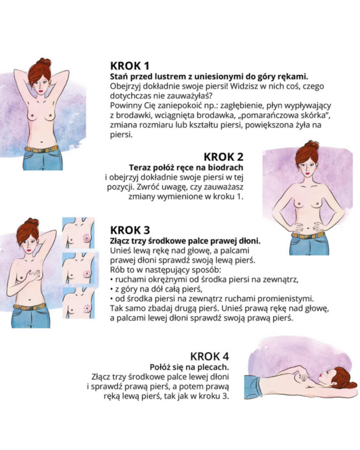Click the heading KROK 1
130,66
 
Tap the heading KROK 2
223,157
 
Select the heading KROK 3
130,230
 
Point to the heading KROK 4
210,356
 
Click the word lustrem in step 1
167,76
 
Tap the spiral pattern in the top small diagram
87,238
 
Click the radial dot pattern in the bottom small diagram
87,308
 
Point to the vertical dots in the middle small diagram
87,273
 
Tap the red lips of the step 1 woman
41,91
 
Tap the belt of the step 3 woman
29,306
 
